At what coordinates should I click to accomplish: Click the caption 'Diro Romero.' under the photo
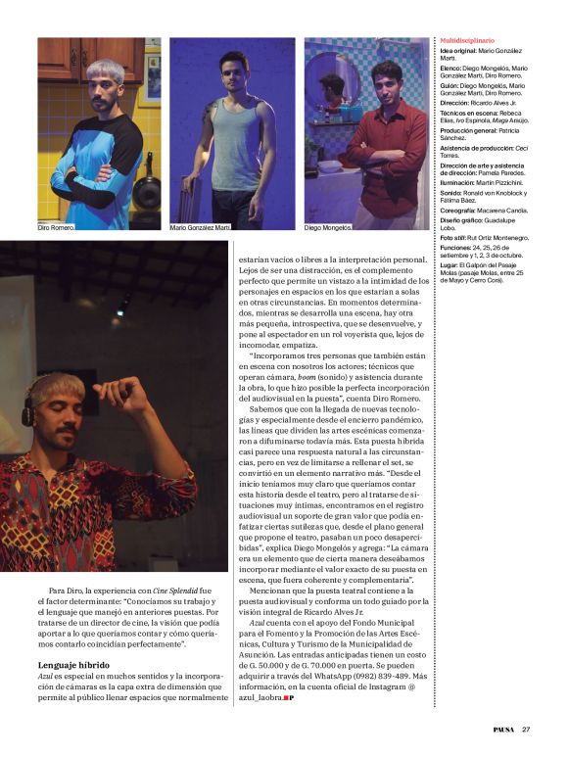[x=56, y=227]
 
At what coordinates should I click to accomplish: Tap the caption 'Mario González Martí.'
[x=202, y=227]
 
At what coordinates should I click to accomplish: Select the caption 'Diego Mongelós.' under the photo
[x=328, y=227]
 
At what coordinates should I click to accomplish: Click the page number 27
[x=526, y=728]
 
